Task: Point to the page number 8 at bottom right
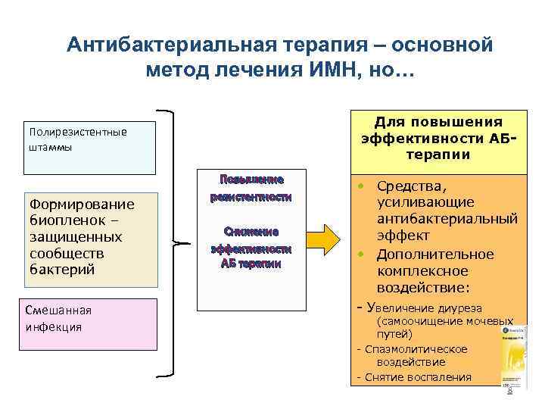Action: coord(509,391)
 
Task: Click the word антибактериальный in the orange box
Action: coord(447,220)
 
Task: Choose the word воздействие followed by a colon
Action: coord(422,288)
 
